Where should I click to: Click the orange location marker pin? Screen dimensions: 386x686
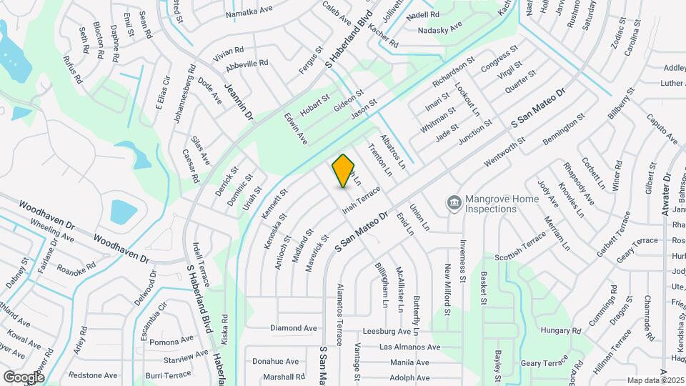click(x=344, y=170)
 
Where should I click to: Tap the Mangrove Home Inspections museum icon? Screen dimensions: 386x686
click(x=453, y=203)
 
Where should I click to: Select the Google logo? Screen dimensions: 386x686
click(x=24, y=377)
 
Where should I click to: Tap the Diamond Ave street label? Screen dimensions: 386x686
click(x=293, y=328)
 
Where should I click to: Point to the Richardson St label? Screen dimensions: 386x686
click(x=454, y=72)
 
